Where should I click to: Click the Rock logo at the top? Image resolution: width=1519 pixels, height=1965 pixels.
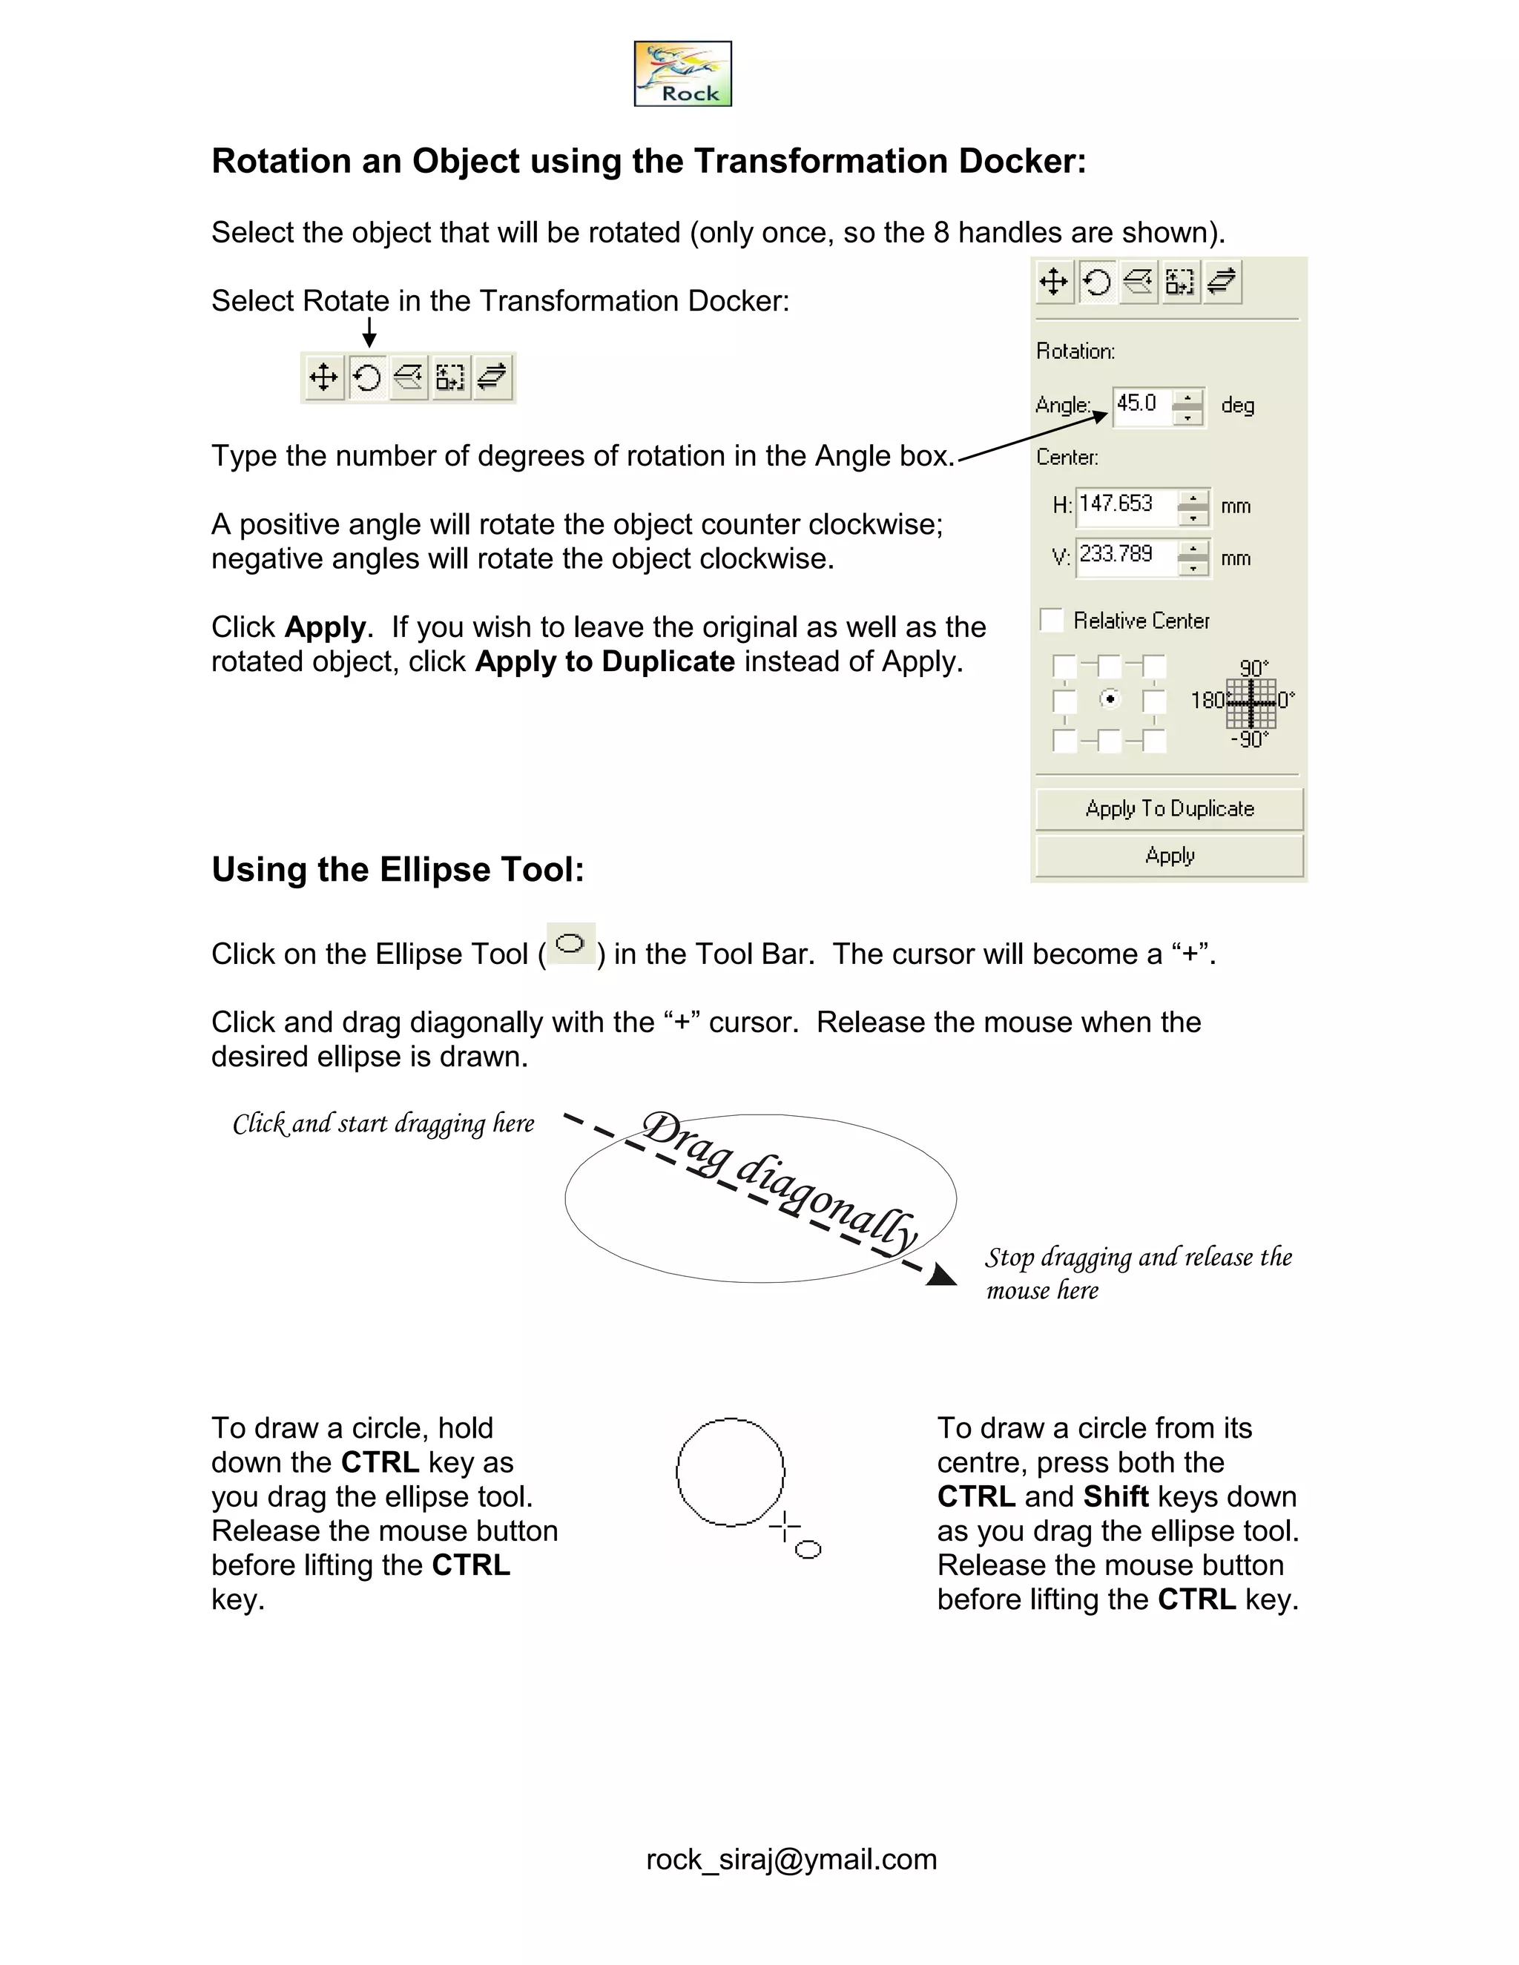682,73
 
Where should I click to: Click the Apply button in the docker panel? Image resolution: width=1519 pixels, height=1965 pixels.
1169,856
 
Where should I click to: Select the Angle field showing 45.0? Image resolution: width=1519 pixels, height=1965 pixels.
1141,404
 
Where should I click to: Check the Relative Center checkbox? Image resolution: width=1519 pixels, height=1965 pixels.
1051,620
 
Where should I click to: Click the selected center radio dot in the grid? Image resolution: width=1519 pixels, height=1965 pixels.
1110,699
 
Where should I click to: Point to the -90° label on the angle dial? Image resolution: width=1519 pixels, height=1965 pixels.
1249,739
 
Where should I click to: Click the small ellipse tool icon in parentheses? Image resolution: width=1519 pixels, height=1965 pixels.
570,944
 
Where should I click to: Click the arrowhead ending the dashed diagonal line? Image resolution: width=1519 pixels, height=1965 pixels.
941,1275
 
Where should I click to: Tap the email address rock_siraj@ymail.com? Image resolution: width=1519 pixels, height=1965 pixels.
791,1859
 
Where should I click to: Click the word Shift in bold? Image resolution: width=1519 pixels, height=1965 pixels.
1116,1496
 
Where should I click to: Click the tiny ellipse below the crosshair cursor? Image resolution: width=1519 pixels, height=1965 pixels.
808,1548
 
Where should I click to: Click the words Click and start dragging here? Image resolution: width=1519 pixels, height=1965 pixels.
383,1123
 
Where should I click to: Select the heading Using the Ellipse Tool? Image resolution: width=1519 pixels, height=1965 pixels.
398,870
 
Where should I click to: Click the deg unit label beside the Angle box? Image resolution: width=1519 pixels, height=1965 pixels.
1237,405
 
